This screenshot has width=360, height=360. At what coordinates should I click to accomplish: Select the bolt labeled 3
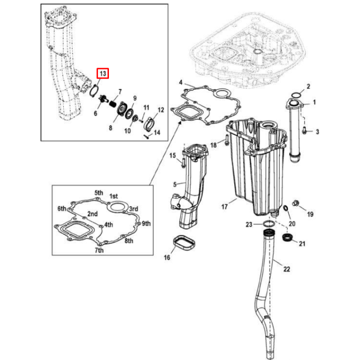click(305, 130)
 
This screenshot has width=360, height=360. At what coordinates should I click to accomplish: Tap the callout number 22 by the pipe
click(287, 269)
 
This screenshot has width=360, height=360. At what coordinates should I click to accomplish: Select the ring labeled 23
click(270, 225)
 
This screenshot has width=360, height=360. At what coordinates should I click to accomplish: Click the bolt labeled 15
click(183, 162)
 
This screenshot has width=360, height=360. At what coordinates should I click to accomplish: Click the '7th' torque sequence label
click(98, 251)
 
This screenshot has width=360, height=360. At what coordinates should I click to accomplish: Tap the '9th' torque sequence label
click(146, 223)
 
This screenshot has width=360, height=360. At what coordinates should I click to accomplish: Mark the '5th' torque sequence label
click(99, 192)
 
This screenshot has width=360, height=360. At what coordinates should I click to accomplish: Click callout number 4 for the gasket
click(180, 82)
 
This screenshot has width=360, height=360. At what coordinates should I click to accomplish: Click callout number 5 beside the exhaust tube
click(175, 183)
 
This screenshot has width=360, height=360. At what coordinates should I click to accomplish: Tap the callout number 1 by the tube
click(314, 102)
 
